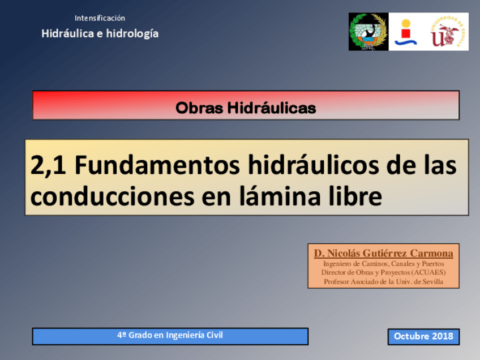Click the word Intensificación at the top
(100, 18)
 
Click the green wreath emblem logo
(368, 32)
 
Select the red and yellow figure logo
(405, 32)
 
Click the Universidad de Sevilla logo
(448, 32)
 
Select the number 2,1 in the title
(49, 166)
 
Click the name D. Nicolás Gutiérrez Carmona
(383, 253)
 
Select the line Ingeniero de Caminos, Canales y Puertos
(383, 264)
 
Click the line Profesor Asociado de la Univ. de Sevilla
(383, 281)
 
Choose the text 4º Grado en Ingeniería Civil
(170, 335)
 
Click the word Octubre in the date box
(412, 336)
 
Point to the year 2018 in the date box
(443, 336)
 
